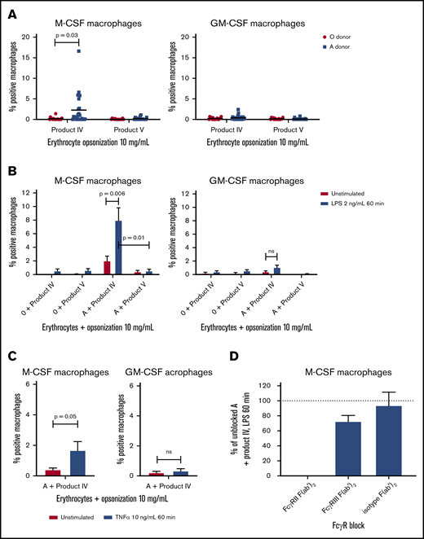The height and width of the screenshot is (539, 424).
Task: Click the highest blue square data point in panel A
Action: tap(78, 51)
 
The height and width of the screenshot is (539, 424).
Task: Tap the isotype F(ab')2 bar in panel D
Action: tap(379, 440)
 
